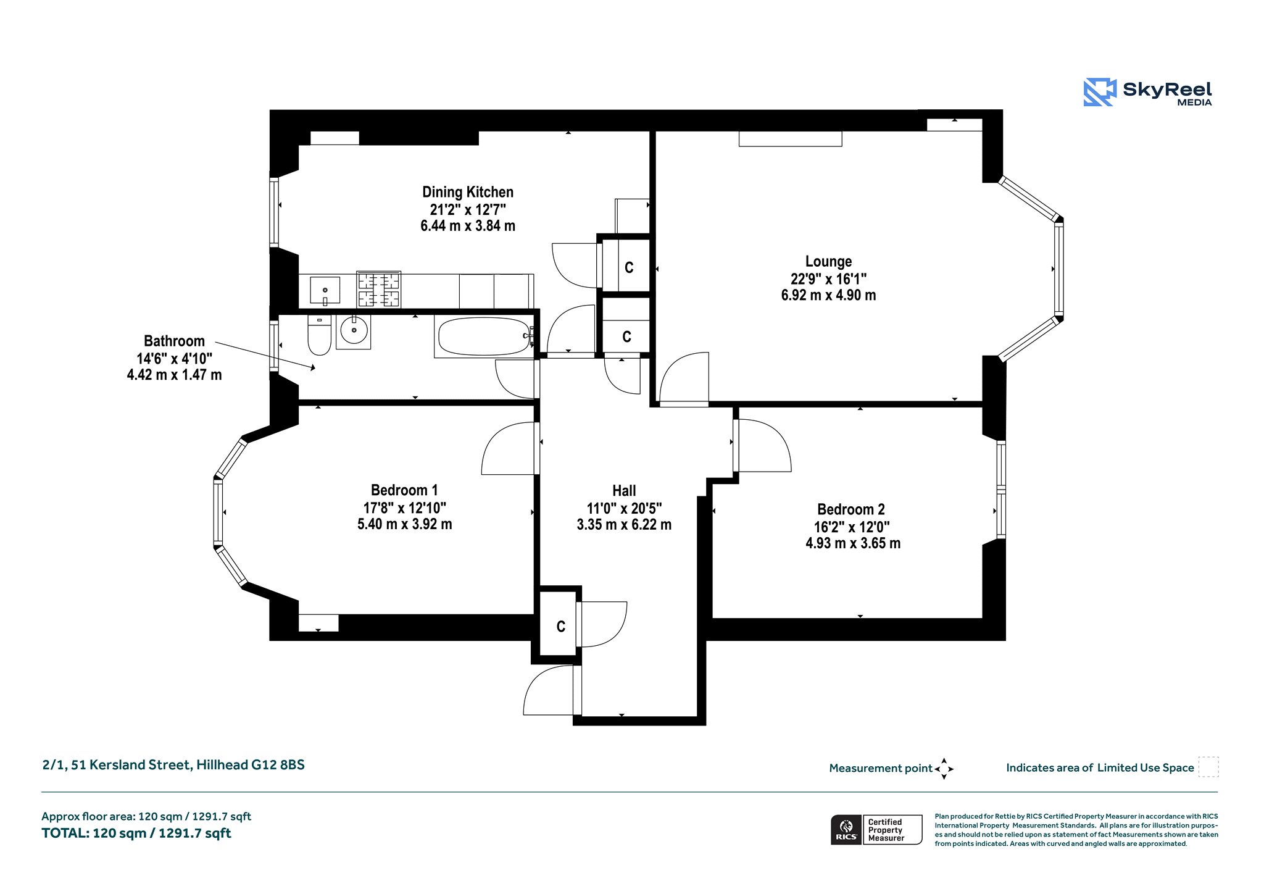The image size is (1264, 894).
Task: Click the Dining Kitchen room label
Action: pyautogui.click(x=468, y=192)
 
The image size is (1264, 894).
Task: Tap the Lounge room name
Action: pyautogui.click(x=828, y=261)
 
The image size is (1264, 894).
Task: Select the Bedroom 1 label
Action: pyautogui.click(x=404, y=490)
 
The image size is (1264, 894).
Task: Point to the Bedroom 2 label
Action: pyautogui.click(x=851, y=509)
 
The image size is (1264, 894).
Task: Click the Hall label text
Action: pyautogui.click(x=624, y=491)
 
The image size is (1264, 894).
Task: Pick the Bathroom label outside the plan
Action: pyautogui.click(x=174, y=341)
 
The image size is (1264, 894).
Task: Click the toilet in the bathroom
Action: pyautogui.click(x=319, y=335)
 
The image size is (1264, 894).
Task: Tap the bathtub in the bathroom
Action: pyautogui.click(x=484, y=336)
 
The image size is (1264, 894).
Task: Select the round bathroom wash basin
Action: pyautogui.click(x=354, y=332)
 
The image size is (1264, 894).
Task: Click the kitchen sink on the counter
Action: pyautogui.click(x=325, y=291)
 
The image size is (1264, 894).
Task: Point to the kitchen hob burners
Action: pyautogui.click(x=379, y=290)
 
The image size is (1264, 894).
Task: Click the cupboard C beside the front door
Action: pyautogui.click(x=560, y=627)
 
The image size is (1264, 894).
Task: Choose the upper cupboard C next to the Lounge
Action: pyautogui.click(x=629, y=267)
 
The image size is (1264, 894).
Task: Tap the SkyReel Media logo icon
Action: pyautogui.click(x=1100, y=92)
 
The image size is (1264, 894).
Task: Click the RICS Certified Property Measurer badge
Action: pyautogui.click(x=876, y=830)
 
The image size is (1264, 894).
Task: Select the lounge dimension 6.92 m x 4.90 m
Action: pyautogui.click(x=828, y=295)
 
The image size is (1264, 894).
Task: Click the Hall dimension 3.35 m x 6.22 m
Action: pyautogui.click(x=624, y=525)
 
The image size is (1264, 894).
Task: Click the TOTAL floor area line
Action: pyautogui.click(x=136, y=833)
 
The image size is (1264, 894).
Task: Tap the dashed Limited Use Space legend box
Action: pyautogui.click(x=1208, y=767)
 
